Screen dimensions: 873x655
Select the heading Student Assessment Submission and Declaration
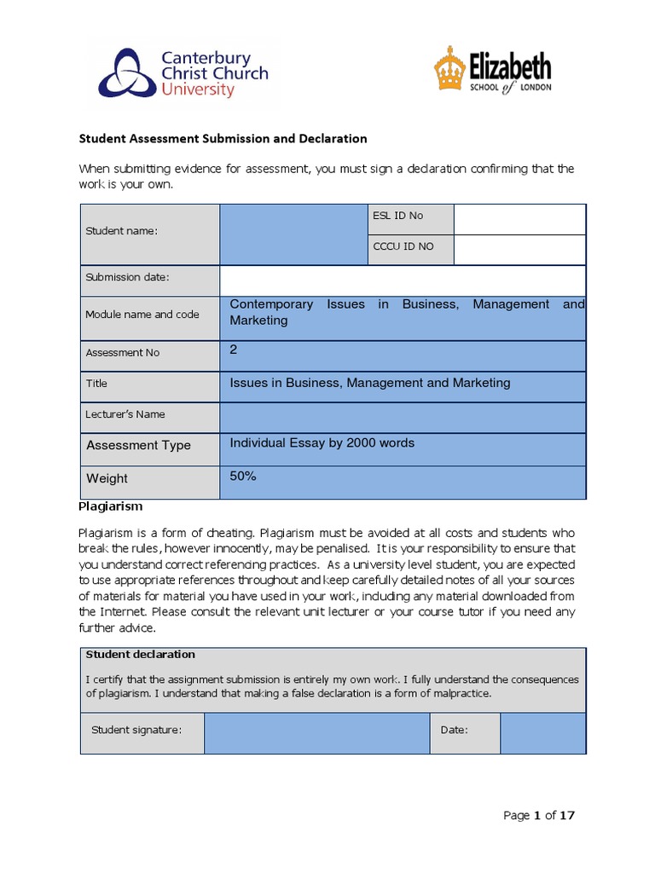point(223,138)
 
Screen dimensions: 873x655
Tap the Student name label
point(121,232)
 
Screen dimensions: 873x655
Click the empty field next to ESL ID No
point(519,219)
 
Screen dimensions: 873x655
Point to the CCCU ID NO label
point(403,246)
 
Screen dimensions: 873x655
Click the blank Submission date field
point(403,280)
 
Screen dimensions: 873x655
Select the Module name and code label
point(142,314)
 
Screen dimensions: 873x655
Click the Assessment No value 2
point(234,350)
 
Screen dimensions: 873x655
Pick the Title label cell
point(96,384)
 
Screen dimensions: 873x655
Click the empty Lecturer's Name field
point(403,418)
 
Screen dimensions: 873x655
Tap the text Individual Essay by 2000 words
point(322,442)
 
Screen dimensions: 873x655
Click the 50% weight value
point(243,476)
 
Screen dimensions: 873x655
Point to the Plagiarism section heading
point(110,506)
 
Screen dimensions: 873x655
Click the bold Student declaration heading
point(141,655)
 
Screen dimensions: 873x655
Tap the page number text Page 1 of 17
point(539,816)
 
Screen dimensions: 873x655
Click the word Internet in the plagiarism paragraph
point(124,612)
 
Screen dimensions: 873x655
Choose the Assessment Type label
point(138,445)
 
